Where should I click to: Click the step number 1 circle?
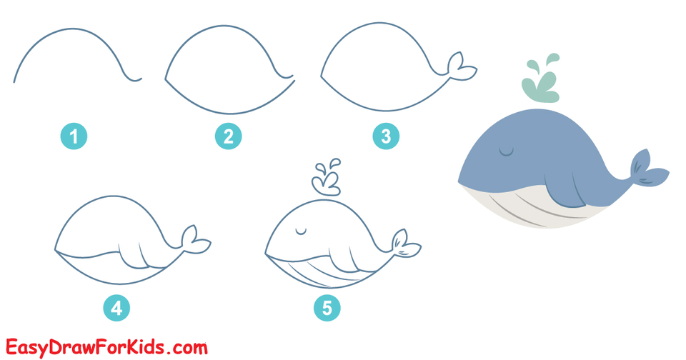[74, 135]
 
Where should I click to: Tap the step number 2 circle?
[228, 135]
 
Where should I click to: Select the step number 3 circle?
[386, 135]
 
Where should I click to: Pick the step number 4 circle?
[116, 308]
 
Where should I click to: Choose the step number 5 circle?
[327, 308]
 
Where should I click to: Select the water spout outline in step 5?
[327, 179]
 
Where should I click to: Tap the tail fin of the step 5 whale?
[405, 244]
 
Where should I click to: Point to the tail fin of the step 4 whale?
[194, 240]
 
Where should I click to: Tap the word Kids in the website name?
[146, 348]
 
